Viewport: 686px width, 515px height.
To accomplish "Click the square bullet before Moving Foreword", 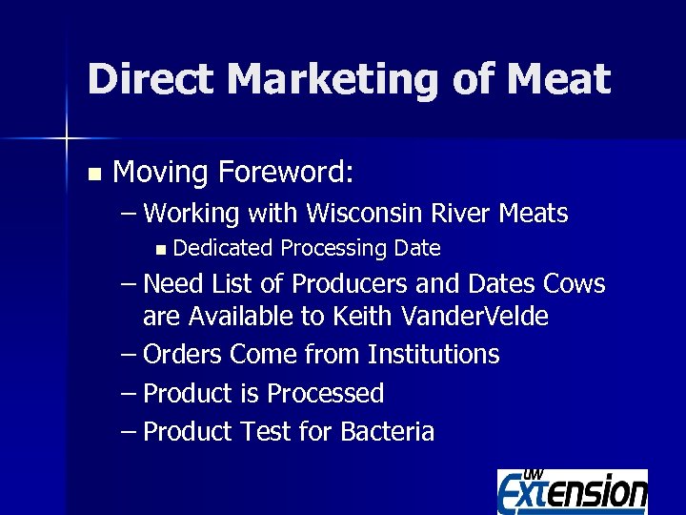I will [92, 175].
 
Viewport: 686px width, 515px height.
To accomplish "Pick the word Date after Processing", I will [417, 249].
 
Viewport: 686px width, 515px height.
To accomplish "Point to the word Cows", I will [574, 285].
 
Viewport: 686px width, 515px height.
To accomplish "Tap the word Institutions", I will [434, 355].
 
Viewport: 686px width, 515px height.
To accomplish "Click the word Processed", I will [325, 394].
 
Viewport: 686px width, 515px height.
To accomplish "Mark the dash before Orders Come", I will [130, 355].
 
